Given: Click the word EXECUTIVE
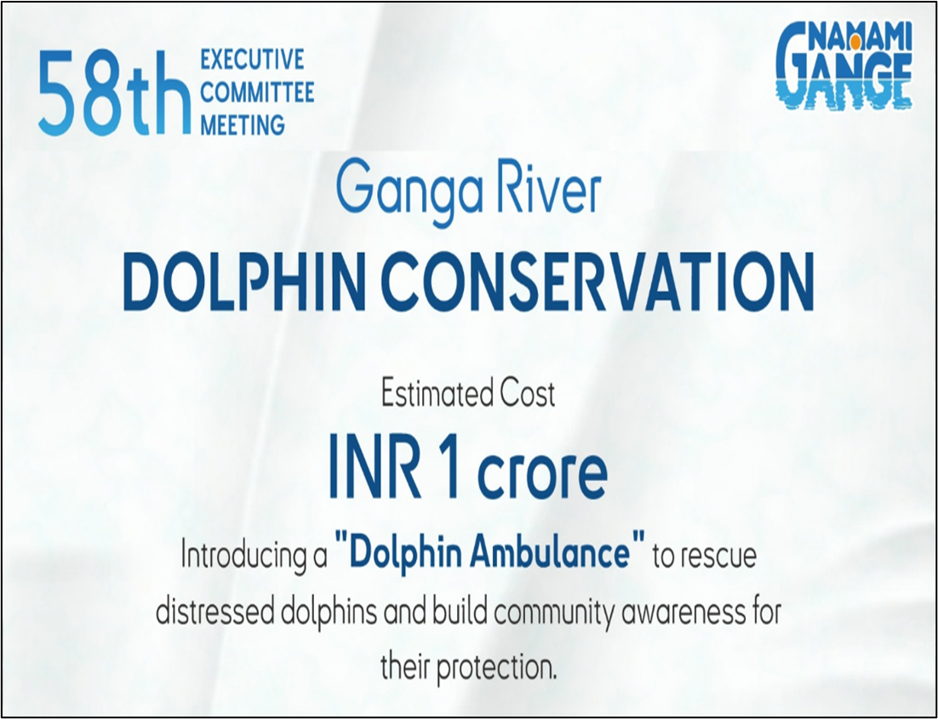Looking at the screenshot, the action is tap(253, 60).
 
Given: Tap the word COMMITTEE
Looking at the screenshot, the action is tap(257, 93).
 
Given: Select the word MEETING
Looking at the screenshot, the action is tap(243, 126).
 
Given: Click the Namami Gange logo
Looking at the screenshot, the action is tap(844, 66).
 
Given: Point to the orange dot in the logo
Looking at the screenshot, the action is tap(855, 42).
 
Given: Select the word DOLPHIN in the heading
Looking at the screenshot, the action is tap(244, 281).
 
